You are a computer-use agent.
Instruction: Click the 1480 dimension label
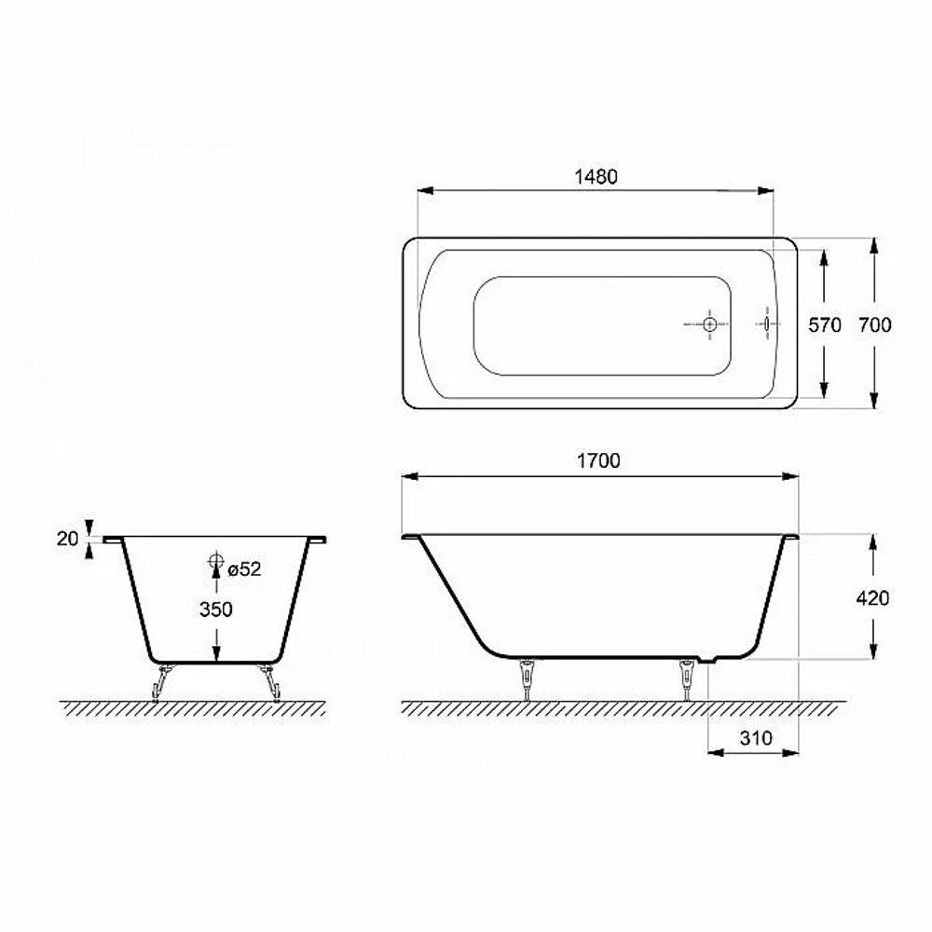click(596, 176)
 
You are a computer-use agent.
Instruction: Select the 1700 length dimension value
click(598, 460)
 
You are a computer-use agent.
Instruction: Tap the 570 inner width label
click(825, 324)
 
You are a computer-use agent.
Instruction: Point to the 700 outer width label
click(875, 324)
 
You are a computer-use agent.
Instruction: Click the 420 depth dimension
click(872, 598)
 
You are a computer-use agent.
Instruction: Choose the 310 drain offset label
click(756, 738)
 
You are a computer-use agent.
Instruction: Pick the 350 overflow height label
click(216, 610)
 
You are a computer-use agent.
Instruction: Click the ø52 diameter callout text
click(244, 569)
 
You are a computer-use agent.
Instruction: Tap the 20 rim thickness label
click(67, 539)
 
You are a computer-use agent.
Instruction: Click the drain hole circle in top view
click(709, 324)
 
